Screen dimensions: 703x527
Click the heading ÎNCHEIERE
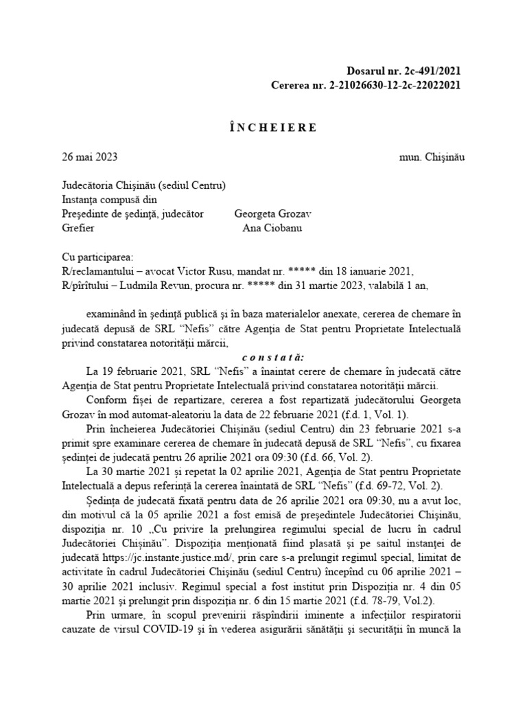[x=263, y=128]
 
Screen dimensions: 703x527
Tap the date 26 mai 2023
[x=90, y=157]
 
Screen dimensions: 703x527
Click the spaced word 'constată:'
[x=263, y=357]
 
